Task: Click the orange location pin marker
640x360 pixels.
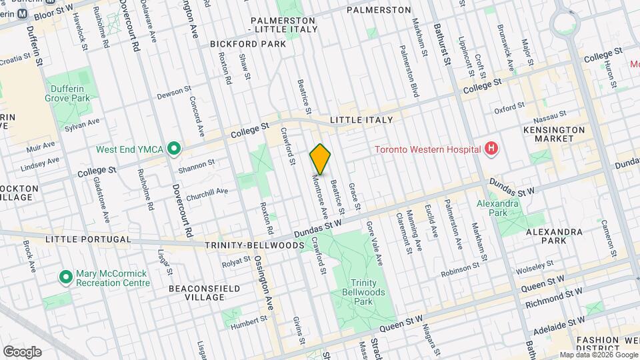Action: (321, 159)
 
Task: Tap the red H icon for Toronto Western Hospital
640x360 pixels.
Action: (492, 148)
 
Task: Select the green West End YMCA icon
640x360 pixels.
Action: (174, 148)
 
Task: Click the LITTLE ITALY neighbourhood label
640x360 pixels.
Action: (361, 120)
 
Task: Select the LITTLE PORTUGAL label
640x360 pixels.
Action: (88, 239)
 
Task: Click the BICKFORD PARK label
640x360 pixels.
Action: (247, 44)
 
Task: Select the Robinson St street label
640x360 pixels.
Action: (461, 269)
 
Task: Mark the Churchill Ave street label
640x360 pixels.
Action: (207, 192)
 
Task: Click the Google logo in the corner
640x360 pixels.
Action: (22, 351)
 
